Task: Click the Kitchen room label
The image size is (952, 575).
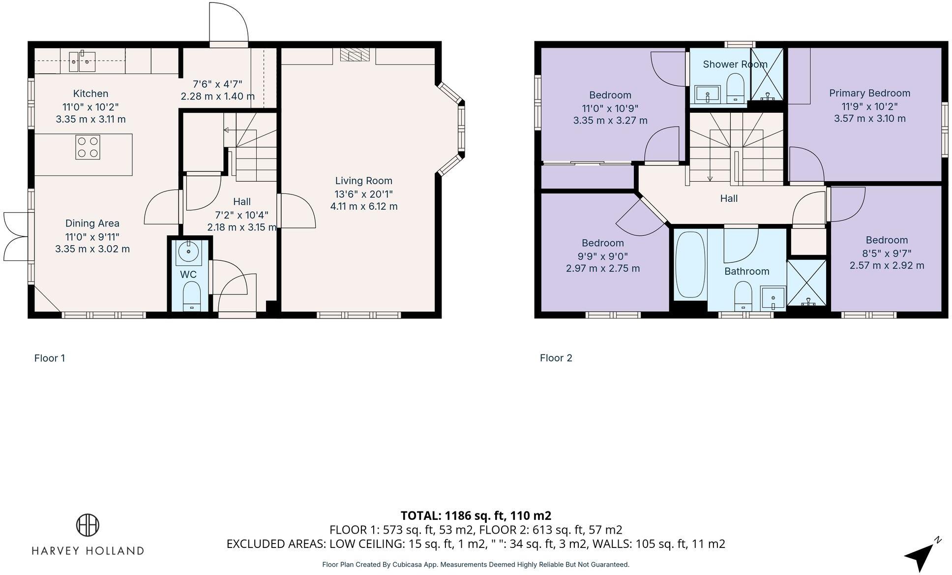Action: [x=90, y=94]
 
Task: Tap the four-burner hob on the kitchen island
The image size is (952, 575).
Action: [x=88, y=147]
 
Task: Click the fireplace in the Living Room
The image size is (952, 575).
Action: [x=354, y=55]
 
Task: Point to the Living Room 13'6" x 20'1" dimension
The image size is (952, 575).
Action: [x=363, y=193]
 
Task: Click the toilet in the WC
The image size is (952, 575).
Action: [x=191, y=295]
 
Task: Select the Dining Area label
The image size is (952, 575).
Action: [x=92, y=224]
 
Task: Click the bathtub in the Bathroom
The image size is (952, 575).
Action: [x=690, y=265]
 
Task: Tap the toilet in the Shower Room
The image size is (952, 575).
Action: [x=736, y=88]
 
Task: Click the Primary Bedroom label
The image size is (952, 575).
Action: [x=869, y=93]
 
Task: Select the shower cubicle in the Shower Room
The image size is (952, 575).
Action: [x=767, y=74]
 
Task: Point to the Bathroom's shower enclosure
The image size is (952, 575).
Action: [x=807, y=283]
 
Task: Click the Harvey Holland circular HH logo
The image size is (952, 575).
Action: [x=88, y=525]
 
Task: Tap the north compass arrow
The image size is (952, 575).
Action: [x=921, y=556]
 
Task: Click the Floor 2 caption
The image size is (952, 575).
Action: [x=556, y=358]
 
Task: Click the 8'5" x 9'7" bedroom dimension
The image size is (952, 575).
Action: [x=887, y=253]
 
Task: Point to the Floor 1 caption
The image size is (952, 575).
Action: [x=50, y=358]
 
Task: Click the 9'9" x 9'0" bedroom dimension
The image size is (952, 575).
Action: [x=602, y=256]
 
